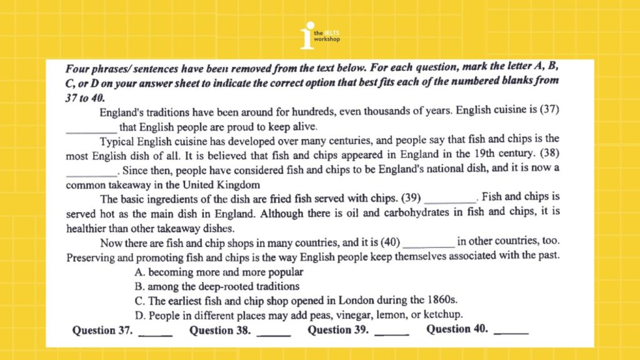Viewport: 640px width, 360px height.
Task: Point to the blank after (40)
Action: click(x=431, y=243)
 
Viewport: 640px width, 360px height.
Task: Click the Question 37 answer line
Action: click(x=155, y=332)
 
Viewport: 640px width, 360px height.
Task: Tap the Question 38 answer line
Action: click(x=273, y=332)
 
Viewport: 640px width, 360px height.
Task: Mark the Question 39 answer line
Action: click(x=391, y=332)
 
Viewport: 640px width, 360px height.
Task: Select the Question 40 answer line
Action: click(x=511, y=332)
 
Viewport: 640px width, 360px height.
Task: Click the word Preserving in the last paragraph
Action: click(x=92, y=257)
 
